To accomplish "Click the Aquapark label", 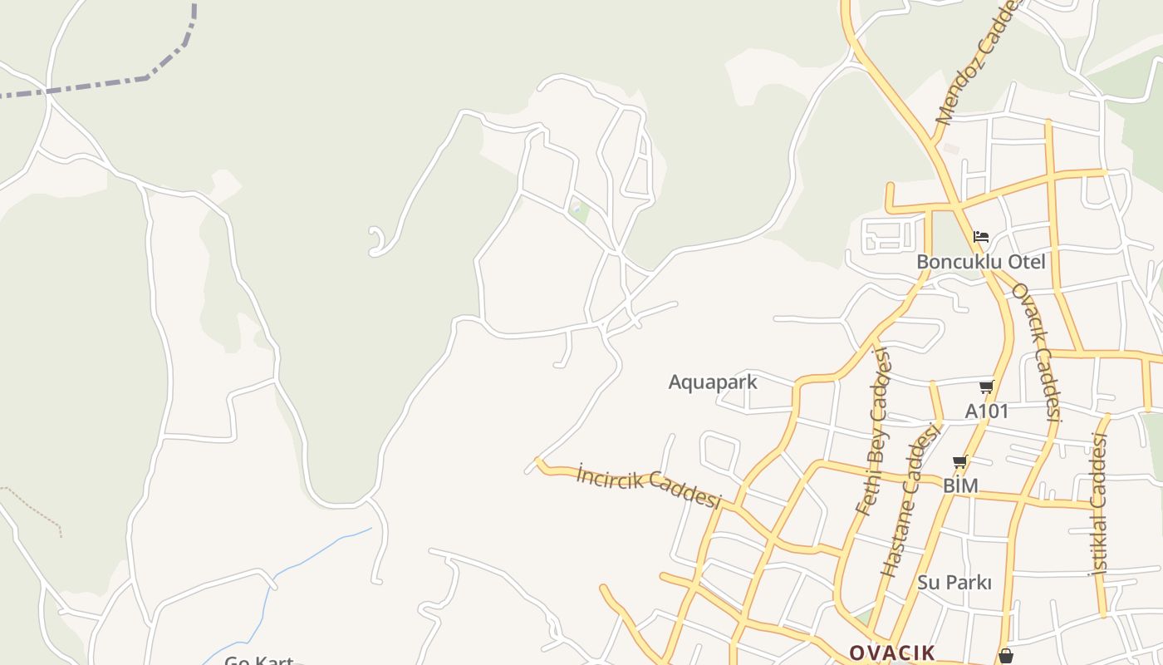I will pos(713,382).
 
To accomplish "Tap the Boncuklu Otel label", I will pos(980,262).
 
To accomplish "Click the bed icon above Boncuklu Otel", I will pos(981,237).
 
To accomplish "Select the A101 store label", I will pos(987,411).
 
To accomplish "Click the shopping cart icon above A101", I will pos(986,387).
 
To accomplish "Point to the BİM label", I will pos(960,485).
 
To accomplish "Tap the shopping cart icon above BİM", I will pos(960,462).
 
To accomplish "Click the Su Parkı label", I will pos(954,583).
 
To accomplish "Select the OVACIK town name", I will pos(891,653).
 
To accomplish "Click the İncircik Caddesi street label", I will pos(648,485).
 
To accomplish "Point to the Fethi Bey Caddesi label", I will pos(873,431).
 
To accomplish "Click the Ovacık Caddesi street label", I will pos(1037,352).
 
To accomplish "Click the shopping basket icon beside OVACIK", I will pos(1005,656).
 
